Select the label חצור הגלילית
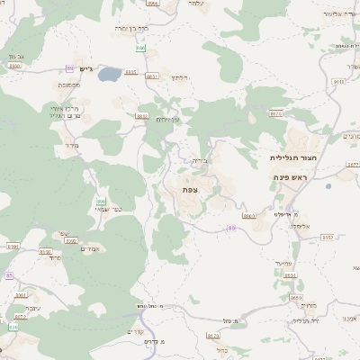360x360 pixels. tap(291, 157)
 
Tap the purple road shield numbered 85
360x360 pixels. tap(9, 274)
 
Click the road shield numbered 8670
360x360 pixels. tap(276, 113)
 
